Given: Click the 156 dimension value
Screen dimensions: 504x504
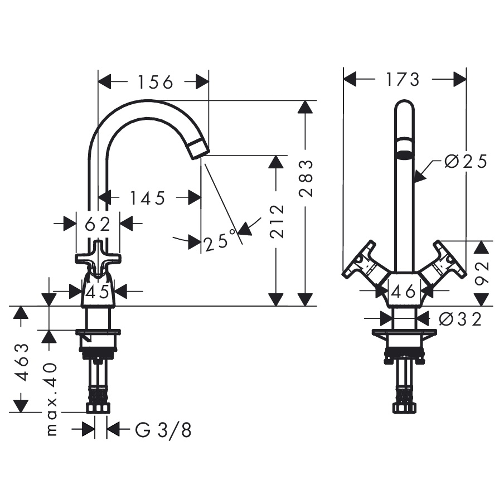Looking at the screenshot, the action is click(156, 82).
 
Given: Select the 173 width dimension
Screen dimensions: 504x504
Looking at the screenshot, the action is click(403, 79).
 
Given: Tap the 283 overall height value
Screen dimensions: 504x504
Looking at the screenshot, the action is click(306, 178).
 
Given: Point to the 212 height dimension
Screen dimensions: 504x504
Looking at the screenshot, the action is click(277, 221).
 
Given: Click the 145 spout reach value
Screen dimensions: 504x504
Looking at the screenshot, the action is click(147, 198).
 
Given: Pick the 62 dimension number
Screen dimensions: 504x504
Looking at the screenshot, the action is click(98, 224).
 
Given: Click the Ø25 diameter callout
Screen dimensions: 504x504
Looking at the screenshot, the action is click(466, 161).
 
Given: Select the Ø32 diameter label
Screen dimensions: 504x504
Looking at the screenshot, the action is click(461, 319).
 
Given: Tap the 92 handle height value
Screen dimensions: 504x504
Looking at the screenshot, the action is click(482, 273).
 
